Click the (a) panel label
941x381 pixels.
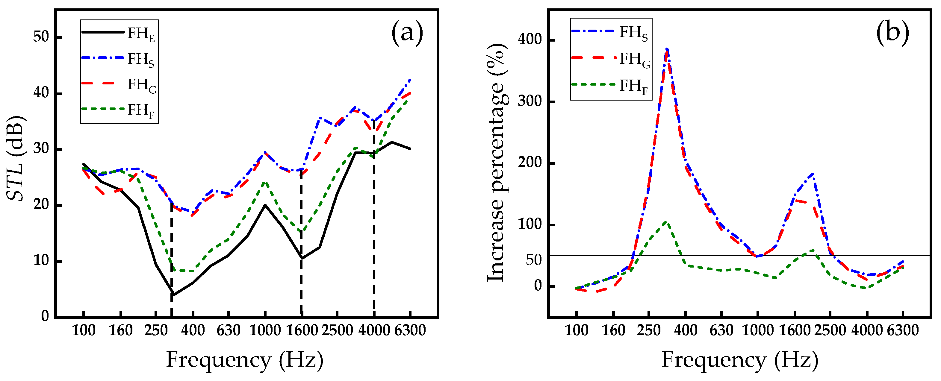click(x=407, y=33)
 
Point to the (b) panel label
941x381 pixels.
click(x=892, y=33)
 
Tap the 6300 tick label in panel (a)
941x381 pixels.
click(x=410, y=331)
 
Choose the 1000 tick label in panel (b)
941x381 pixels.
click(x=758, y=331)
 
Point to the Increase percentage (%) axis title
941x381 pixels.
click(x=497, y=163)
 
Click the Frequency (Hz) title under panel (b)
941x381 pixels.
click(x=740, y=360)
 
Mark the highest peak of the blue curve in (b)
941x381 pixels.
click(x=667, y=48)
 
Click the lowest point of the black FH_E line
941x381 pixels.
click(x=173, y=295)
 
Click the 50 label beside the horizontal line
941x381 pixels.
click(x=534, y=260)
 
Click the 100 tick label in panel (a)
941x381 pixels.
click(x=84, y=331)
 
